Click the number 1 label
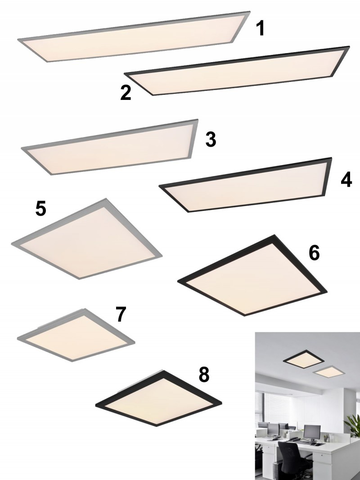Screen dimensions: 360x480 (x=260, y=28)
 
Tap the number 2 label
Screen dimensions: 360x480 (x=126, y=93)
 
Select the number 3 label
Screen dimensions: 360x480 (x=211, y=139)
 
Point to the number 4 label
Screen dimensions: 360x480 (x=346, y=179)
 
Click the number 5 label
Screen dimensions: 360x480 (x=40, y=209)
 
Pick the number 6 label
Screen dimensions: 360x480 (x=314, y=253)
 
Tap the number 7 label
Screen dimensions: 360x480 (x=121, y=314)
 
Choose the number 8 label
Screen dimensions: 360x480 (x=204, y=374)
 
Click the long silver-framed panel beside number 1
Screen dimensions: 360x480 (x=134, y=37)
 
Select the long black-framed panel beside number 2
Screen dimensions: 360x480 (x=237, y=71)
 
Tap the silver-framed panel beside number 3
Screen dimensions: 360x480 (x=110, y=147)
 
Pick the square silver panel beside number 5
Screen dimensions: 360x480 (x=87, y=239)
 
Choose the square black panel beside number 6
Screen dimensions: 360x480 (x=252, y=275)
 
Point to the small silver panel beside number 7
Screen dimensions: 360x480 (x=76, y=335)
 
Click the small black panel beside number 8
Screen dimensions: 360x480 (x=158, y=398)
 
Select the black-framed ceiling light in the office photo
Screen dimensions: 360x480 (x=304, y=361)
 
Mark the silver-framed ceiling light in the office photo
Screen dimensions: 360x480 (x=329, y=372)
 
